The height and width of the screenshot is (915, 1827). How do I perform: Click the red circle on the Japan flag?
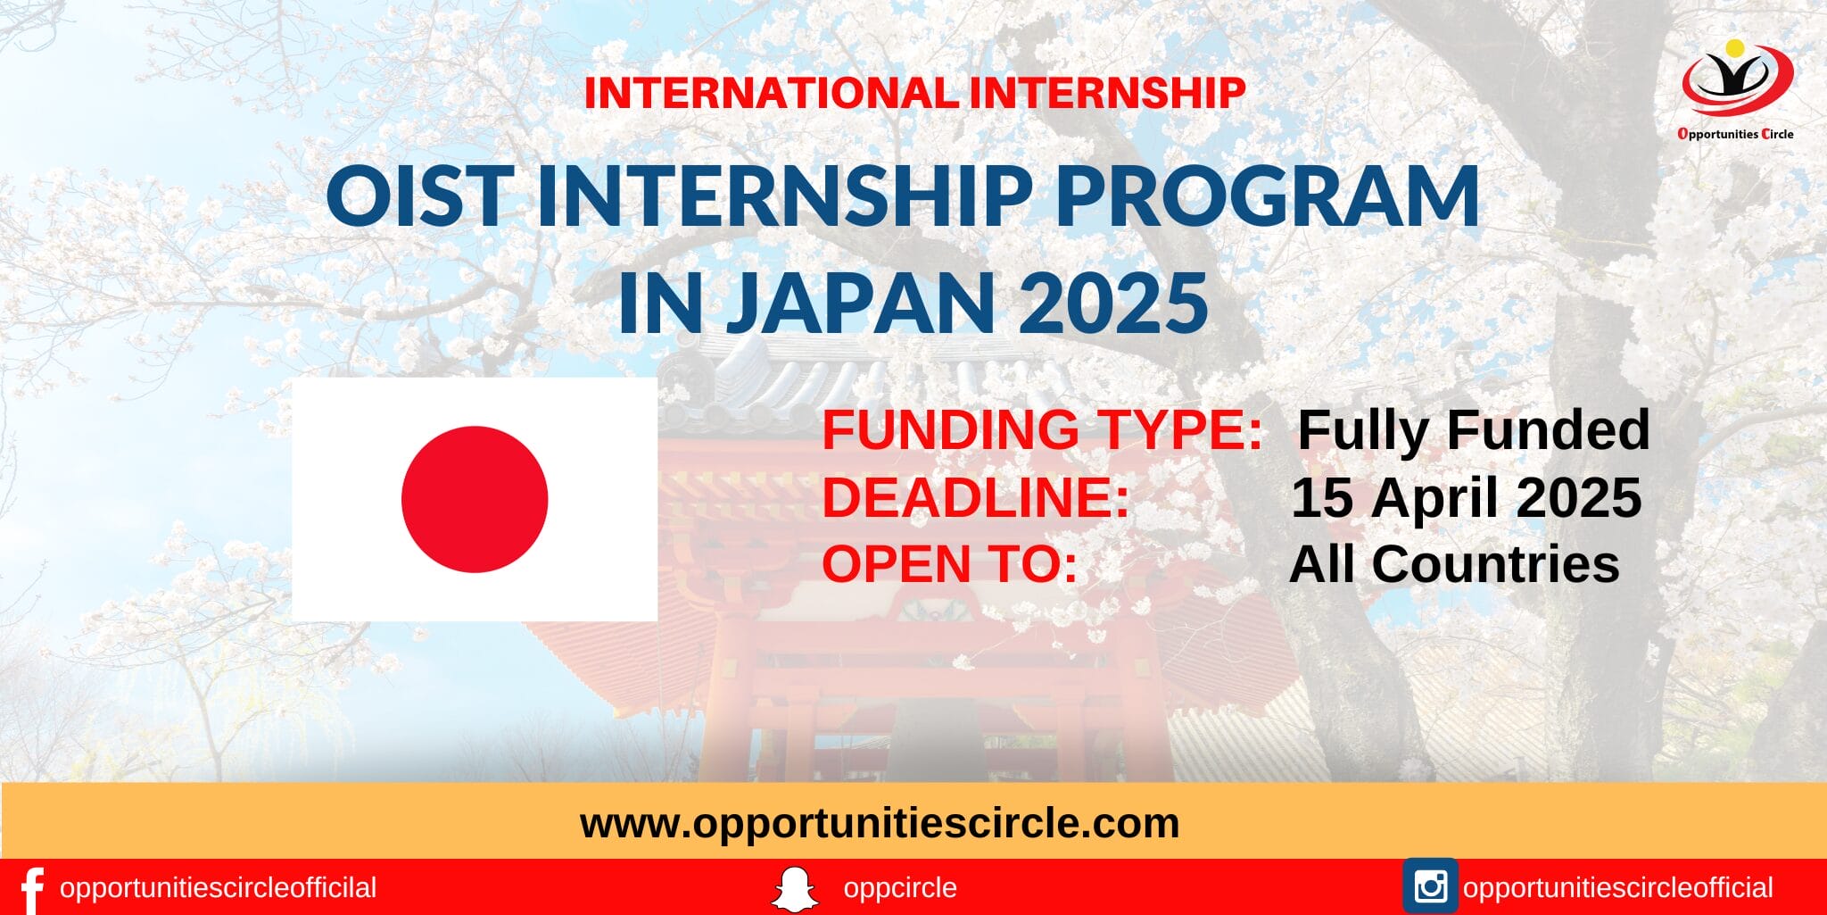475,499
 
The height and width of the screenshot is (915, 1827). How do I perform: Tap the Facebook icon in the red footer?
31,889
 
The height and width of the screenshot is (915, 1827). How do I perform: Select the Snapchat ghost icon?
794,889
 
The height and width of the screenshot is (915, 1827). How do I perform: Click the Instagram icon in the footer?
1430,886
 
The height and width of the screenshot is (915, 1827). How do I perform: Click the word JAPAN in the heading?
861,303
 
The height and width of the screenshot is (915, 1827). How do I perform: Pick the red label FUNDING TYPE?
1042,430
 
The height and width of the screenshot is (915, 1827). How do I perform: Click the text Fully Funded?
1473,430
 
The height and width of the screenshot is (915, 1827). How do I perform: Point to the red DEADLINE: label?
976,497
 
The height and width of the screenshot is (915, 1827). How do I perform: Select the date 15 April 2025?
1467,497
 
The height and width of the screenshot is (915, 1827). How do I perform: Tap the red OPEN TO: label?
950,564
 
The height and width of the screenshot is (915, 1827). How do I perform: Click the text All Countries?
1454,564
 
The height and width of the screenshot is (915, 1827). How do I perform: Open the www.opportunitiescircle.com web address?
880,823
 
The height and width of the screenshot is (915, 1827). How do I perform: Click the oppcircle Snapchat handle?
899,888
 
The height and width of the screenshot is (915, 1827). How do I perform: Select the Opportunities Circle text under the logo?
1735,134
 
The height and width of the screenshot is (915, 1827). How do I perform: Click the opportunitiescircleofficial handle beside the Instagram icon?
1617,888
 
